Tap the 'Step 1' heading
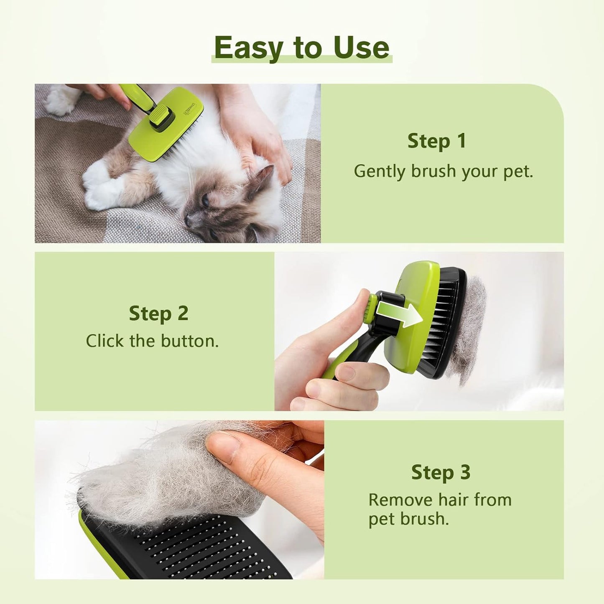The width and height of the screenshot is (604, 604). pos(437,141)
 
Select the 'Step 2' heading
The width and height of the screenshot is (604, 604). pos(158,313)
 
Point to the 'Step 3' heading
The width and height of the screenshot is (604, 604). pos(441,472)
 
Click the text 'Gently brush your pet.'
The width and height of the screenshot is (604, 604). pos(443,171)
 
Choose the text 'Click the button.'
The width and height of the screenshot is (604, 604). pos(152,341)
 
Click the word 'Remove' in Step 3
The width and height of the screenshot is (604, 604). pos(400,500)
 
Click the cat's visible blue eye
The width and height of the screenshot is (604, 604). pos(206,201)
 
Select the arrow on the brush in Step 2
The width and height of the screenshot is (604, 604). pos(399,314)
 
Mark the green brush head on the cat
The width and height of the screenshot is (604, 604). pos(167,125)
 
